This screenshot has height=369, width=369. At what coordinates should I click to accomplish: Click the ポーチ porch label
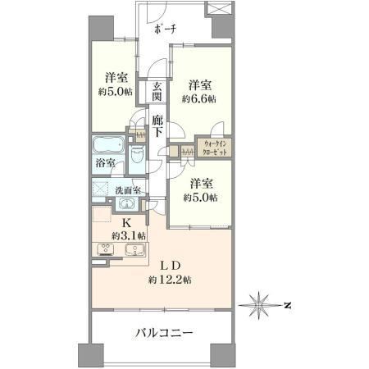[165, 29]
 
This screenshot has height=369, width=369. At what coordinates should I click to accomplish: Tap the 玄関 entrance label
[157, 92]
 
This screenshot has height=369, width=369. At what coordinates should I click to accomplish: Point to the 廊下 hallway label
[157, 125]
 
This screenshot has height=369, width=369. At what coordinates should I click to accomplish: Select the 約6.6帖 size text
[199, 99]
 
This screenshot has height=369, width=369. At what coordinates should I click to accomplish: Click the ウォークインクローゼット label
[215, 148]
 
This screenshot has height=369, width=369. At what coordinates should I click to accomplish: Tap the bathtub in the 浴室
[108, 144]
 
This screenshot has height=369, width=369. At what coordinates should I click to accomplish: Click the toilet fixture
[137, 154]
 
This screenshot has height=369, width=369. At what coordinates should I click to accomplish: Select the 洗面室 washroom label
[127, 190]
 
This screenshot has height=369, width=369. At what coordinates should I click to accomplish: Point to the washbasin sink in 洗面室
[125, 204]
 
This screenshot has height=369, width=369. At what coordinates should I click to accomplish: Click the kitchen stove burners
[106, 249]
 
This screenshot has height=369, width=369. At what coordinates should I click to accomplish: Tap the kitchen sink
[134, 249]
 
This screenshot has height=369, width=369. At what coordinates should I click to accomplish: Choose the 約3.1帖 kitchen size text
[128, 235]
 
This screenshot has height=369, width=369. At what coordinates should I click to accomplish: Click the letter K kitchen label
[126, 223]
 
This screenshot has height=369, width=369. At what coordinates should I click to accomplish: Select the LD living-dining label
[170, 266]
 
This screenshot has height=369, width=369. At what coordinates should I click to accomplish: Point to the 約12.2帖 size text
[170, 280]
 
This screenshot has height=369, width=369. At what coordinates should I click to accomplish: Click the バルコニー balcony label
[165, 333]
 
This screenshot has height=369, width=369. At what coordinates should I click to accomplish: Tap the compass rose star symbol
[259, 305]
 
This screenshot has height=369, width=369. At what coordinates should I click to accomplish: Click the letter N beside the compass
[287, 305]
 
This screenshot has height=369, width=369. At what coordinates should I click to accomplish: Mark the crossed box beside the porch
[218, 7]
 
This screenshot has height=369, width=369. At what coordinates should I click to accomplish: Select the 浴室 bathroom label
[105, 163]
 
